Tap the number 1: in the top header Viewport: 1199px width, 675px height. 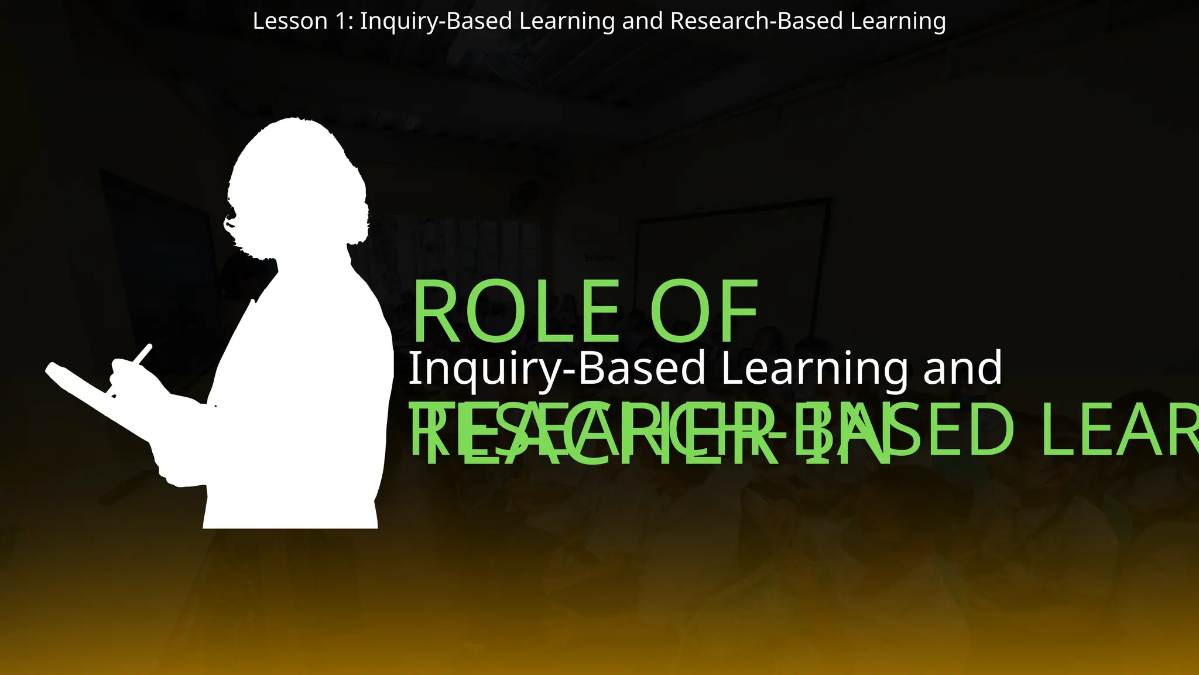(x=344, y=22)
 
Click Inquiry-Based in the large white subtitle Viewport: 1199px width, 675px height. (x=556, y=368)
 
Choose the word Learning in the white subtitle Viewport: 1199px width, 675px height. (x=814, y=368)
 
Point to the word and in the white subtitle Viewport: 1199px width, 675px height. (x=962, y=368)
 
